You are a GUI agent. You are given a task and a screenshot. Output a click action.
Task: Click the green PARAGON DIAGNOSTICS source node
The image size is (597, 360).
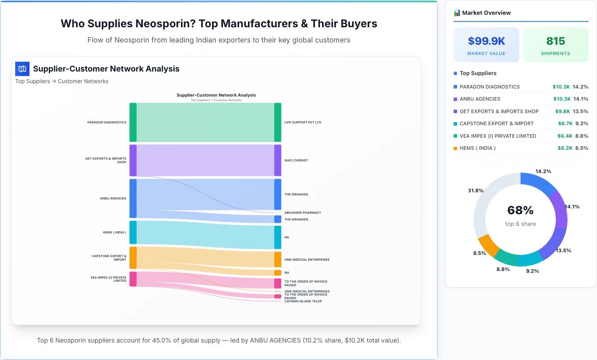coord(133,122)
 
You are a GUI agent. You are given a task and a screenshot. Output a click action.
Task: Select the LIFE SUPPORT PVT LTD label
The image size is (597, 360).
coord(303,122)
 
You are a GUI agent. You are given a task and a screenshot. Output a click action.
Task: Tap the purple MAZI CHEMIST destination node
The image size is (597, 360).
coord(277,160)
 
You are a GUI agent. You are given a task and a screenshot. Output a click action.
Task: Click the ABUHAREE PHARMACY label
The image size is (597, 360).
coord(303,213)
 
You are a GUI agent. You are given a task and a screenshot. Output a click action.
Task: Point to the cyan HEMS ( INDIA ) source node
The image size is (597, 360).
coord(133,232)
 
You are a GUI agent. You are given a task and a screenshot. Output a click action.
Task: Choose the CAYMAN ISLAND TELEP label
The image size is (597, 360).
coord(303,301)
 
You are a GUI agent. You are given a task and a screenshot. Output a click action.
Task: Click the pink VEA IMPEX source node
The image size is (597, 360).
coord(133,279)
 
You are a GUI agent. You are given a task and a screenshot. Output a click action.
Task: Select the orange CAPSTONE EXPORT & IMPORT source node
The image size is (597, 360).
coord(133,258)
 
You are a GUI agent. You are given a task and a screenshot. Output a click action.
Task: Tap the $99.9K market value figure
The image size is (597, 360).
coord(486,41)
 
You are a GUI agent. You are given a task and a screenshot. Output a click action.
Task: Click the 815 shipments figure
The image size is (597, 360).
coord(555,41)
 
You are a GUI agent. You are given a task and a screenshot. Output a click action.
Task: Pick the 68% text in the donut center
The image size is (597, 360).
coord(520,210)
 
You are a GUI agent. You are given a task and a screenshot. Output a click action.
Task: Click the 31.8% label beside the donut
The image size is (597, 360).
coord(475,191)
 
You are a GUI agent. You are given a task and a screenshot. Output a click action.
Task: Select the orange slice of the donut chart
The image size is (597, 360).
coord(488,245)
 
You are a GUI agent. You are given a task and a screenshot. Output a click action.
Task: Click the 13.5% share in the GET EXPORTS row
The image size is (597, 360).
coord(580,111)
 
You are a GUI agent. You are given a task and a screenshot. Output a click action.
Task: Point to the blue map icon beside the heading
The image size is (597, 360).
coord(22,68)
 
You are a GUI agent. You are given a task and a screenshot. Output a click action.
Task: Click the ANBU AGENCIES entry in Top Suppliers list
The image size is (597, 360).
coord(479,99)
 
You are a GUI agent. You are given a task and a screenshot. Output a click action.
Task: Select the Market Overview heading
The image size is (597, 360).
coord(486,13)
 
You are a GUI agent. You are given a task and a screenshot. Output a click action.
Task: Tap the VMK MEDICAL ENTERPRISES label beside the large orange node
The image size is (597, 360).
coord(307,259)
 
